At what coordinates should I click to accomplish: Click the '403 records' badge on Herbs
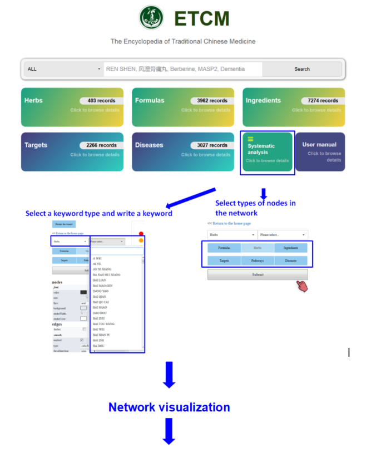coord(102,101)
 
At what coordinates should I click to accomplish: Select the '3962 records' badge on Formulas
coord(212,101)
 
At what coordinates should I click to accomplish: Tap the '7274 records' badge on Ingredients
coord(323,101)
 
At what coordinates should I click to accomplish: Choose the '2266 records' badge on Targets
coord(101,145)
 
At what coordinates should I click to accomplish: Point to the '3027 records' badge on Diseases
coord(212,145)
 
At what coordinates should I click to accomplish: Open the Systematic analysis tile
coord(268,152)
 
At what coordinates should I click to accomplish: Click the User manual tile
coord(319,152)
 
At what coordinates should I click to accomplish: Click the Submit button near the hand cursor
coord(258,274)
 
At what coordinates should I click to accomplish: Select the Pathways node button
coord(258,261)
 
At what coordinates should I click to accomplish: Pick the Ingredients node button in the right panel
coord(290,248)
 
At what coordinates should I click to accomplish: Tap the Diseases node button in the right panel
coord(290,261)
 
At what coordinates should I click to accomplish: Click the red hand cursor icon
coord(301,286)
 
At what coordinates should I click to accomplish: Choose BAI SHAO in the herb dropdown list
coord(100,307)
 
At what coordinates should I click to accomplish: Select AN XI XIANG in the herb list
coord(102,269)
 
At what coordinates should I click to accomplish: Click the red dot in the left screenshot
coord(141,234)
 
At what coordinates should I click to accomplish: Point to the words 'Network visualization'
coord(169,407)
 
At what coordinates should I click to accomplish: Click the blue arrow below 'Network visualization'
coord(169,431)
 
